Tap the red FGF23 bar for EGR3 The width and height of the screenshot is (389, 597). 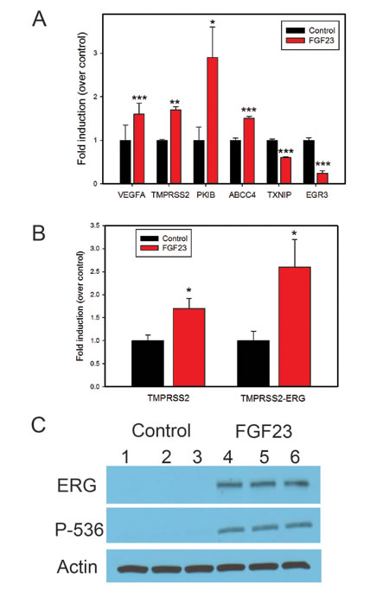[x=321, y=178]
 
